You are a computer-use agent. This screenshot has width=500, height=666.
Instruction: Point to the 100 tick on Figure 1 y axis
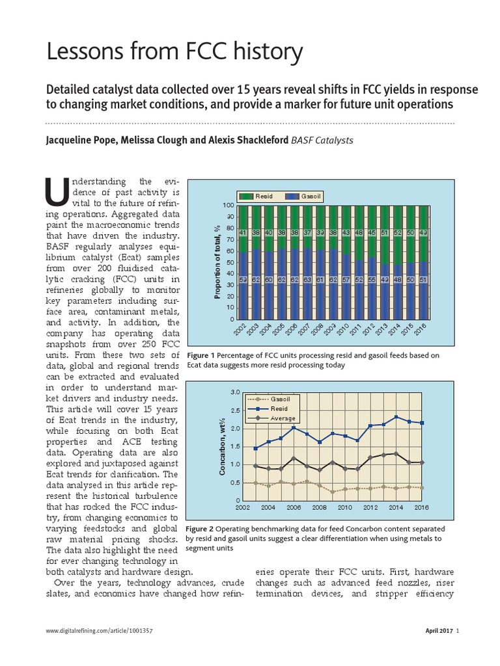pyautogui.click(x=229, y=206)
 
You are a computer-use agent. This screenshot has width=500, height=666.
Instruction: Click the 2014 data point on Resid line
pyautogui.click(x=396, y=417)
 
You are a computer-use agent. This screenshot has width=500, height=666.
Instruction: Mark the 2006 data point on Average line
pyautogui.click(x=294, y=458)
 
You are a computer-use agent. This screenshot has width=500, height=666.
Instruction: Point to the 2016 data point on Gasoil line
pyautogui.click(x=422, y=487)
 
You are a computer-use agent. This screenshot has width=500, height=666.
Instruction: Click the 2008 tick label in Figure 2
pyautogui.click(x=319, y=507)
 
